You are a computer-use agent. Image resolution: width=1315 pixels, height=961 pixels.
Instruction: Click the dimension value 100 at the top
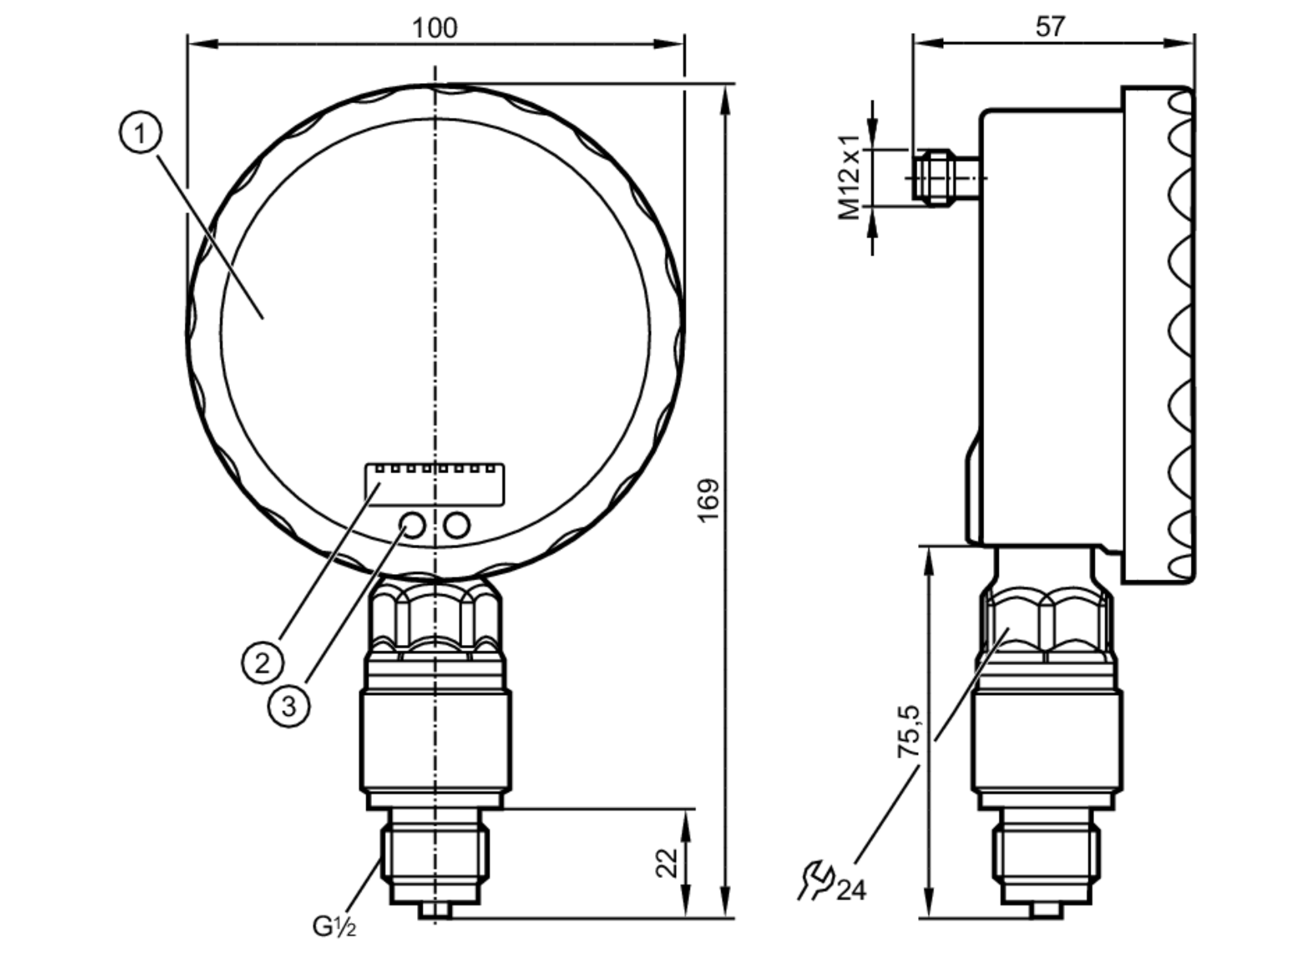point(434,28)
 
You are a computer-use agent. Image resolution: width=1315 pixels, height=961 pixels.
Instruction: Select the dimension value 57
point(1049,27)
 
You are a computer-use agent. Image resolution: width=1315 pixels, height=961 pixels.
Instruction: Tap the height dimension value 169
point(708,501)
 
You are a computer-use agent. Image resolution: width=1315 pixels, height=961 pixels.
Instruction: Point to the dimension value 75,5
point(909,731)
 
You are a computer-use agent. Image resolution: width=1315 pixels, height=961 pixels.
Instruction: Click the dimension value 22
point(667,863)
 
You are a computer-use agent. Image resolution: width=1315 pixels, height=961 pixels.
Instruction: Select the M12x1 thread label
point(849,177)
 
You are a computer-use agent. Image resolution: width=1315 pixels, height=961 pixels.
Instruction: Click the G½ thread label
point(334,927)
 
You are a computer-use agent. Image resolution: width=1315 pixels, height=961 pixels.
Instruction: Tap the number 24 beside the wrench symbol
point(851,890)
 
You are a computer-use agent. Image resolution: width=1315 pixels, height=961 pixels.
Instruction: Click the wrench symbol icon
point(816,879)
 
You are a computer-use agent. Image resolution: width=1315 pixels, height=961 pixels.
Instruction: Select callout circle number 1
point(140,133)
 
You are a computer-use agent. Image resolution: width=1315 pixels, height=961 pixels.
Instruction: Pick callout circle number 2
point(262,663)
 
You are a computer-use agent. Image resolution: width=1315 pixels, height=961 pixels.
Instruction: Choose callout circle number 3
point(289,706)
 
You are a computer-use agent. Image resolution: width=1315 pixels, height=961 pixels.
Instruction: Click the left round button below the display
point(412,525)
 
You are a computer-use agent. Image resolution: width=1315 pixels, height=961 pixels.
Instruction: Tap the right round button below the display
point(456,525)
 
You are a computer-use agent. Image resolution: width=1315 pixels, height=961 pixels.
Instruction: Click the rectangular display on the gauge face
point(435,485)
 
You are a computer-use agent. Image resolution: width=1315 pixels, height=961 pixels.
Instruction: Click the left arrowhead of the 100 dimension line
point(201,43)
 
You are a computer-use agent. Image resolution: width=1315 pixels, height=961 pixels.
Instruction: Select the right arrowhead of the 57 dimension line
point(1181,43)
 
